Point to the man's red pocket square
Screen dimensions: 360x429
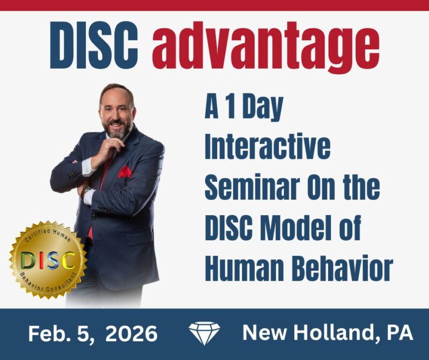point(124,172)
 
